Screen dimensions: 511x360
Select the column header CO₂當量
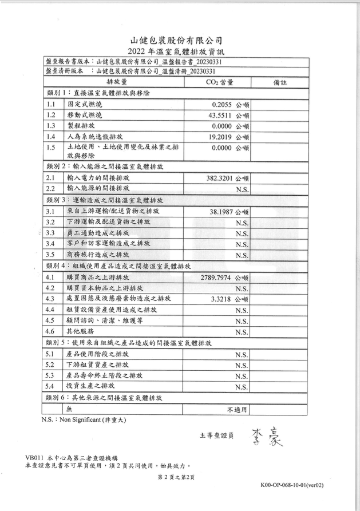219,82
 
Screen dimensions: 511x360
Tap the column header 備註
280,82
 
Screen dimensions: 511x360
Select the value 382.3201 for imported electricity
220,178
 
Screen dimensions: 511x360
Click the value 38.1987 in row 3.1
223,211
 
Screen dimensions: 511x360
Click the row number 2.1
50,178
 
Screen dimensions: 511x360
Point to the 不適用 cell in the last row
237,410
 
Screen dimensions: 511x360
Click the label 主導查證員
216,435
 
